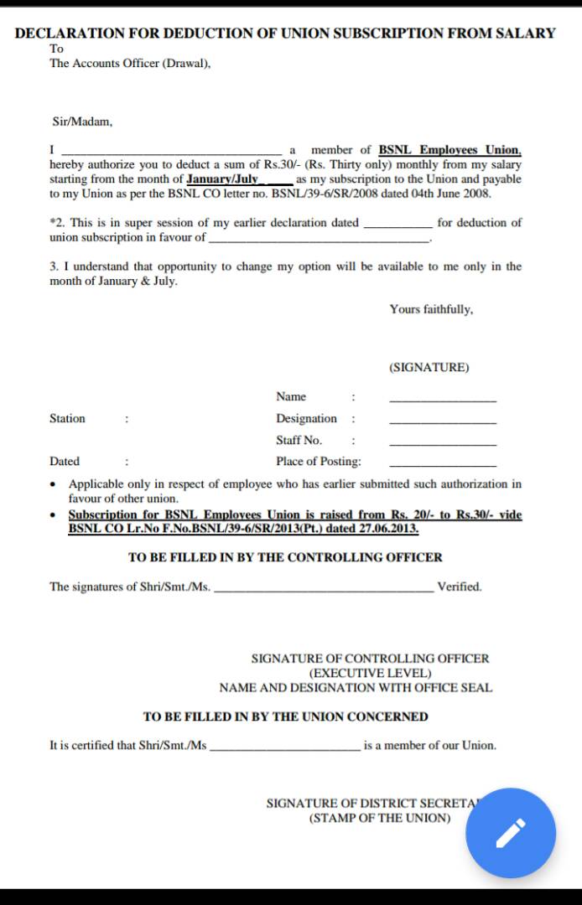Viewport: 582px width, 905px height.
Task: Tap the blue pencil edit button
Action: pyautogui.click(x=511, y=833)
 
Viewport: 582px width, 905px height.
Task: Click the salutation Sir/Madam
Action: pyautogui.click(x=82, y=122)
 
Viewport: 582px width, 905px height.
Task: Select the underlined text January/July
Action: pyautogui.click(x=222, y=179)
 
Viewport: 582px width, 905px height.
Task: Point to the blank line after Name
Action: pyautogui.click(x=443, y=400)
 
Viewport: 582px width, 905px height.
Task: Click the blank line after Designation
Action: pyautogui.click(x=443, y=421)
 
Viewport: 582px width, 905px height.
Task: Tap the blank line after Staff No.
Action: pyautogui.click(x=443, y=443)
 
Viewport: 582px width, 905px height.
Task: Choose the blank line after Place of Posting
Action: pyautogui.click(x=443, y=465)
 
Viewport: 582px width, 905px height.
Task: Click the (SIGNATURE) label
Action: pyautogui.click(x=429, y=368)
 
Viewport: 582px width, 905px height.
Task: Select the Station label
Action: pyautogui.click(x=67, y=418)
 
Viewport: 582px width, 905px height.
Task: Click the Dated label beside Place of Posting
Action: pyautogui.click(x=65, y=461)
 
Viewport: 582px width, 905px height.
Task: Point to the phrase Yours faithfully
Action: pyautogui.click(x=431, y=309)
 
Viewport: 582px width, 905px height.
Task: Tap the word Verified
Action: pyautogui.click(x=460, y=587)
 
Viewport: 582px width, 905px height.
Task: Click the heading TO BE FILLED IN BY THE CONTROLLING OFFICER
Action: pyautogui.click(x=285, y=557)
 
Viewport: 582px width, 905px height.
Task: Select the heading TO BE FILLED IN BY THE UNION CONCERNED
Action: pyautogui.click(x=285, y=716)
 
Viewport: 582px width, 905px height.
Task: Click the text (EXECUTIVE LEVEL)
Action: pyautogui.click(x=370, y=673)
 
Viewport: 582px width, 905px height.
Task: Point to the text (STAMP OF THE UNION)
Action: pyautogui.click(x=380, y=818)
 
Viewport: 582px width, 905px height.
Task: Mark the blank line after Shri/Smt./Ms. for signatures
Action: pyautogui.click(x=325, y=590)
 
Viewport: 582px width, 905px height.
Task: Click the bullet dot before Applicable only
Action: pyautogui.click(x=55, y=484)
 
